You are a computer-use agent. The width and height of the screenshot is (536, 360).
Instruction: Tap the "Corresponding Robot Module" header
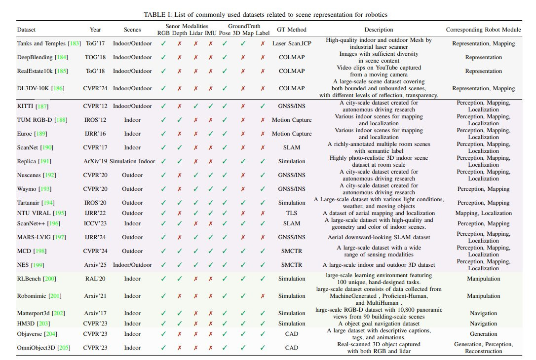point(483,30)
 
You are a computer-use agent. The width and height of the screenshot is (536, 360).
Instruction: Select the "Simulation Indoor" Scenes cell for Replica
point(132,161)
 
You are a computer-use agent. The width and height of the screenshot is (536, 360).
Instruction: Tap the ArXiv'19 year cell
point(95,161)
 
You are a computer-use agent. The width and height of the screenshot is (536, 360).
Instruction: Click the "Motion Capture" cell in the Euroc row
point(292,134)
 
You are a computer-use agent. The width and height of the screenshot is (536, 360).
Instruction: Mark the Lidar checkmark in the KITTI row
point(195,106)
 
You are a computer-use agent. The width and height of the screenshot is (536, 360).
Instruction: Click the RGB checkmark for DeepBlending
point(163,57)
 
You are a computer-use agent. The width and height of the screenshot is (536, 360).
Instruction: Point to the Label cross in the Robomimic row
point(263,296)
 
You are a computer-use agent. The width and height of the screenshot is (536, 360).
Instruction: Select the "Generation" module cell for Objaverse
point(483,334)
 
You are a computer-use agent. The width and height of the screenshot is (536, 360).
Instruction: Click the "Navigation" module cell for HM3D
point(483,324)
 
